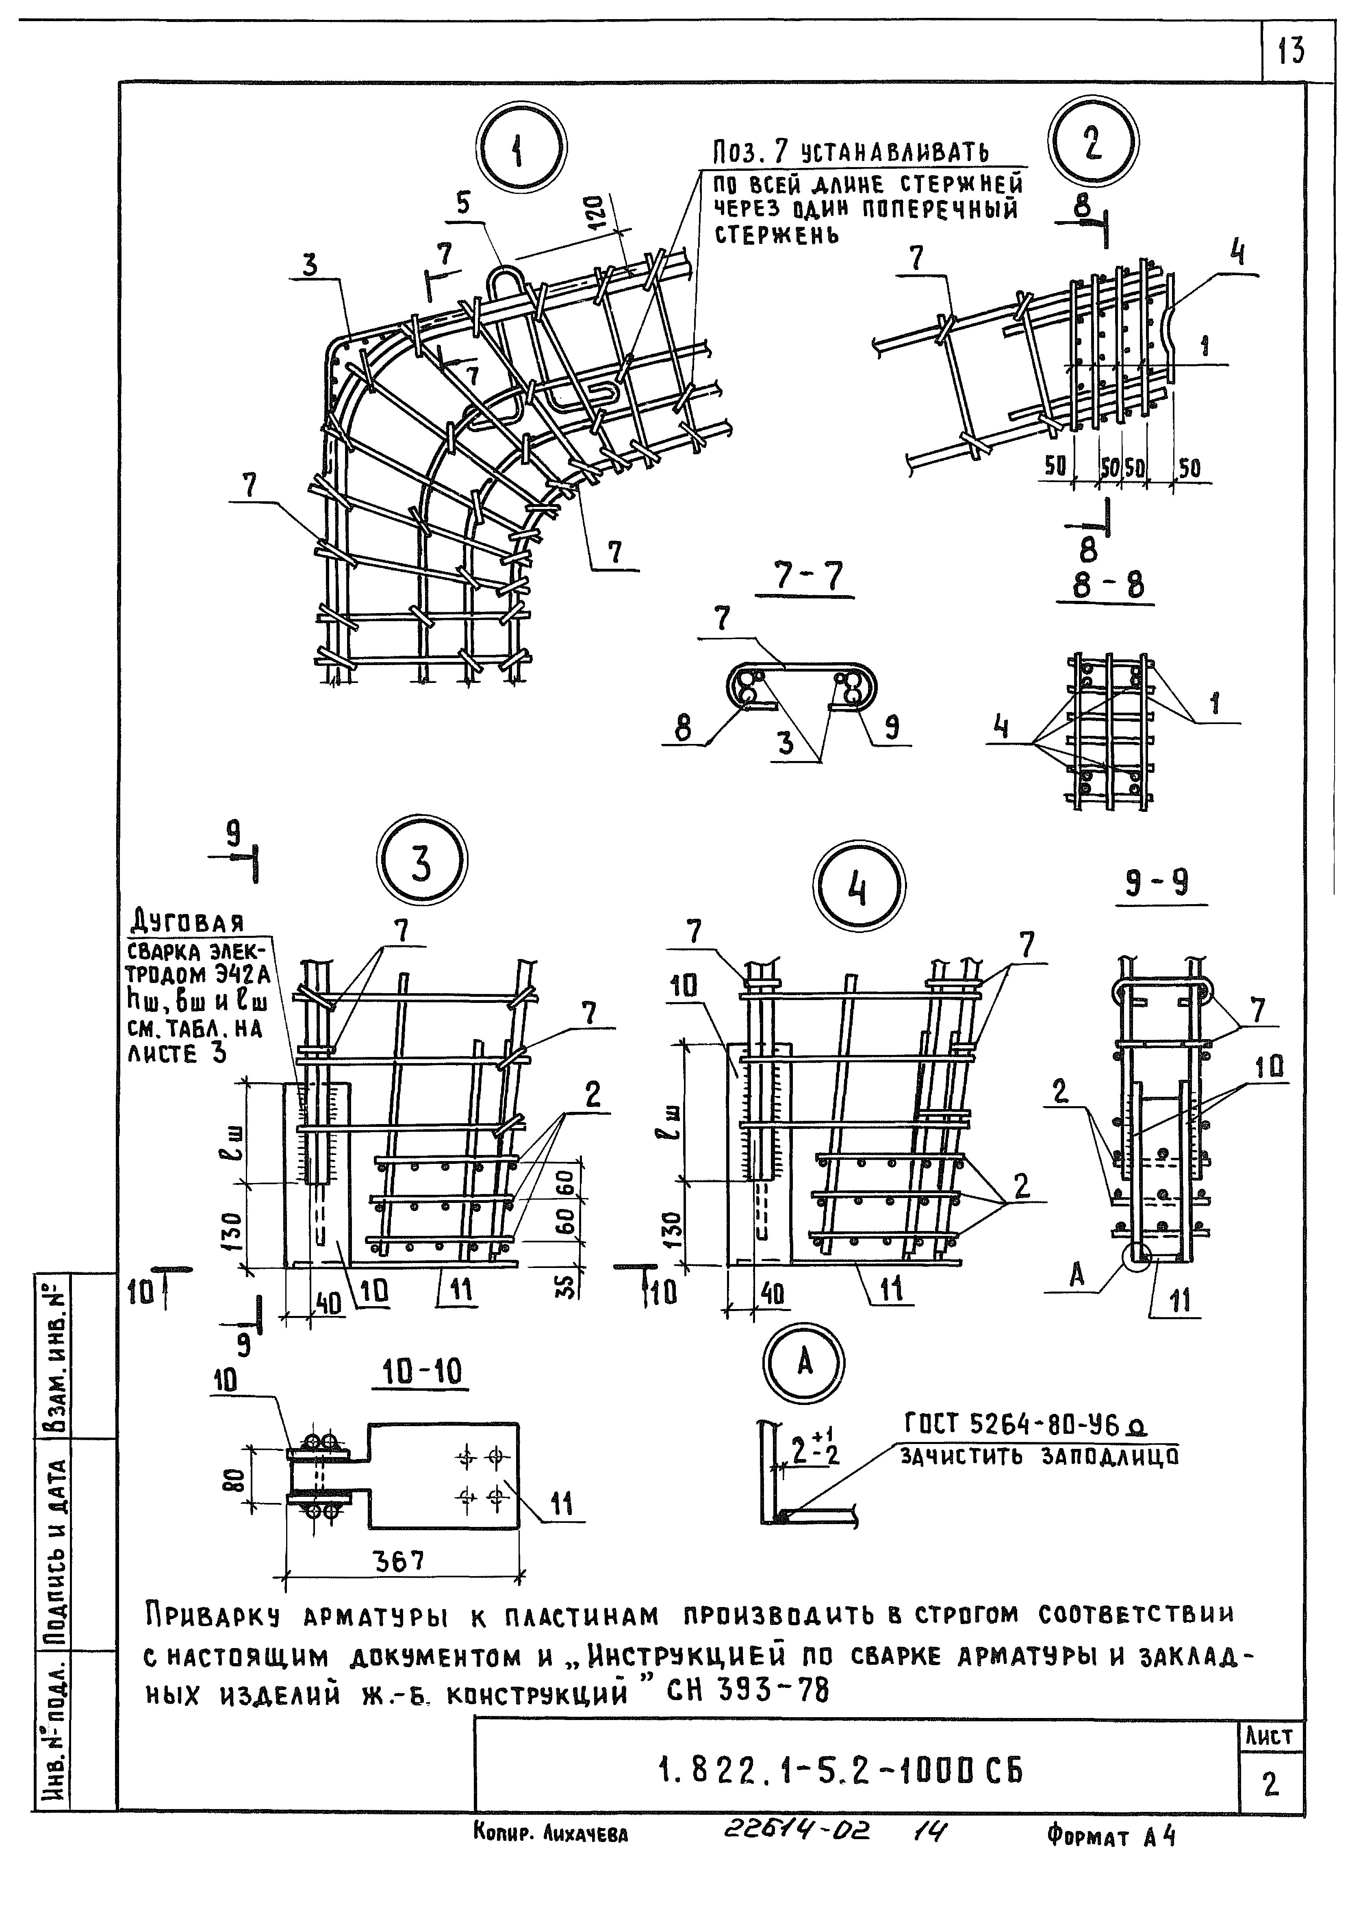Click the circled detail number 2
tap(1093, 141)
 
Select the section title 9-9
tap(1157, 882)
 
